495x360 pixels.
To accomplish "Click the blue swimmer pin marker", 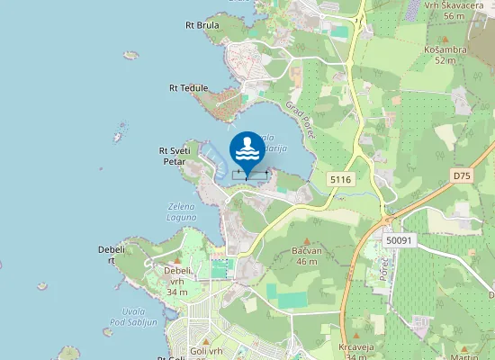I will tap(249, 149).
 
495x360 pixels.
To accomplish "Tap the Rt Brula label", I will tap(202, 25).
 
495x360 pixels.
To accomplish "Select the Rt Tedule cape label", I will tap(189, 88).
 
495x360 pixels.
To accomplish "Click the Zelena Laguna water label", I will tap(182, 211).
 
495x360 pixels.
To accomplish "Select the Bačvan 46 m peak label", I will tap(306, 255).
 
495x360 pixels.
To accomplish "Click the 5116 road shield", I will tap(340, 180).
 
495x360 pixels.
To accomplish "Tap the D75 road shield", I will tap(462, 175).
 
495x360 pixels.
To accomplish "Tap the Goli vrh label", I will tap(206, 351).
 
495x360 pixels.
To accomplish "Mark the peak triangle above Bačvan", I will tap(306, 240).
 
